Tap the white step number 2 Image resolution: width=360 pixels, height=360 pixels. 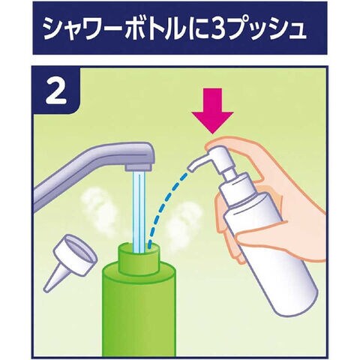click(x=56, y=91)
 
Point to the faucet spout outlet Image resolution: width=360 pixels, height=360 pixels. click(x=139, y=167)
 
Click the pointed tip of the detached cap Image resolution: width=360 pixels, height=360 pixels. click(x=46, y=289)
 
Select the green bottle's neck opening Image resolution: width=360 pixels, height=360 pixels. click(x=139, y=248)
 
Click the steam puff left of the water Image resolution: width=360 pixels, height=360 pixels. click(x=99, y=210)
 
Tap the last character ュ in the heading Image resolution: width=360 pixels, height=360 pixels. click(x=298, y=31)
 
